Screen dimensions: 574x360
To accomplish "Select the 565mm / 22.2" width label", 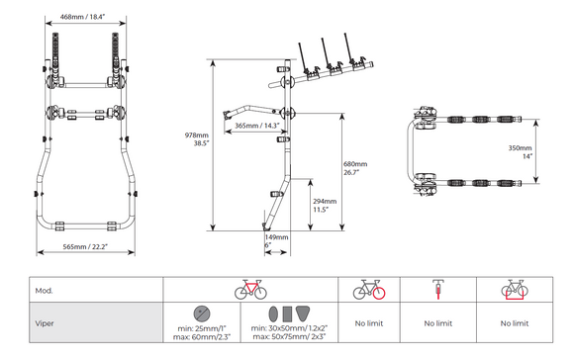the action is (x=85, y=246).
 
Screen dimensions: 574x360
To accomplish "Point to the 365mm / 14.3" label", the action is (x=257, y=126).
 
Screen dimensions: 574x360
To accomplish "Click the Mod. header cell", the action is (x=44, y=291).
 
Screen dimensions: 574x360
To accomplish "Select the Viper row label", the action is (x=45, y=323).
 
